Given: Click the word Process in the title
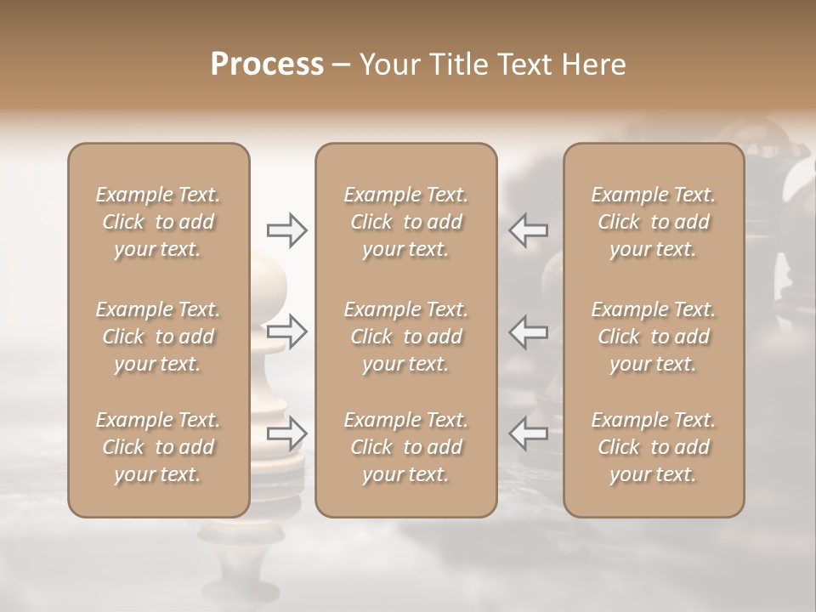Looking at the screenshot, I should (267, 65).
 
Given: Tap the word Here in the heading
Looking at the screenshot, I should (596, 65).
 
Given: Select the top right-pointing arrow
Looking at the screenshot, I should (286, 229).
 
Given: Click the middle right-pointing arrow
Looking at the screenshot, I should (286, 331).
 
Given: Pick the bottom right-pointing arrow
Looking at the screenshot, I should (286, 433).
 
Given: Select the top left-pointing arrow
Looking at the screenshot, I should (529, 229).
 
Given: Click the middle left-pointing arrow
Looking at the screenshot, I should (529, 331).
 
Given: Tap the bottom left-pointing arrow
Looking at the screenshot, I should (529, 433).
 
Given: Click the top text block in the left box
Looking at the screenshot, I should (158, 222).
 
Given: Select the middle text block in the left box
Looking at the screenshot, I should (158, 337).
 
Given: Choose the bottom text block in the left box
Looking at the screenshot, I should (158, 447).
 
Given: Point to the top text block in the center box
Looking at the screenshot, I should (405, 222).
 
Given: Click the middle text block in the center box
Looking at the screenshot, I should (405, 337).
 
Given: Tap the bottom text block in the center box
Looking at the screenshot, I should (405, 447).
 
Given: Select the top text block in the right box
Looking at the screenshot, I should (654, 222).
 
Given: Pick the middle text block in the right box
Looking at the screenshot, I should (654, 337).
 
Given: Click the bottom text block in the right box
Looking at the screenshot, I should (654, 447).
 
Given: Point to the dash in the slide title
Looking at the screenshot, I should (342, 65).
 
